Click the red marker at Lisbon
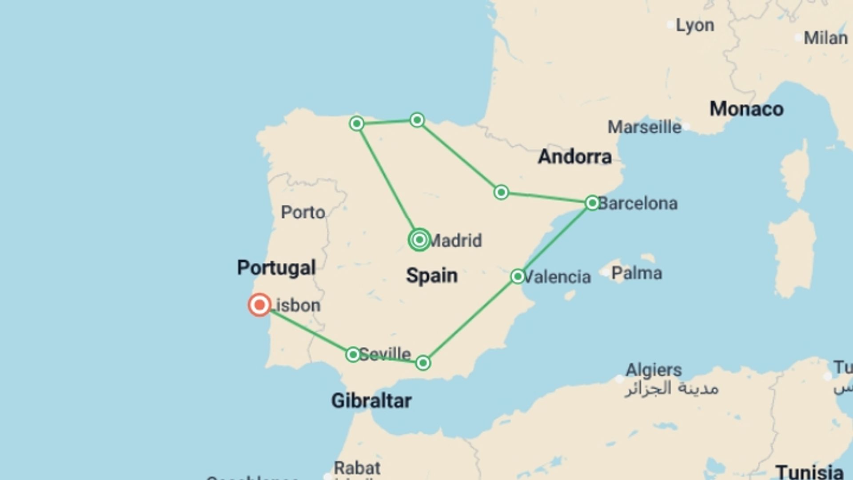(x=259, y=305)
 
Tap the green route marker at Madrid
(x=419, y=240)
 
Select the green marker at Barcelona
(x=592, y=203)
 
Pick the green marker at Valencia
(x=518, y=276)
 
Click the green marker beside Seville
(x=353, y=354)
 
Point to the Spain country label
(x=431, y=276)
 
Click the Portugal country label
(x=276, y=268)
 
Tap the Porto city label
(x=303, y=212)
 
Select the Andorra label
(x=575, y=156)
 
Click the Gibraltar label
(x=371, y=400)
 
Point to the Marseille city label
(x=644, y=127)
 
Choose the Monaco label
(x=746, y=109)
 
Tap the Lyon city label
(x=695, y=25)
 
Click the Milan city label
(x=825, y=38)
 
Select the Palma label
(x=637, y=273)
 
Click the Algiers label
(x=654, y=370)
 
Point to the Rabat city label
(x=357, y=468)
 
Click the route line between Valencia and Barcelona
(x=555, y=240)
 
